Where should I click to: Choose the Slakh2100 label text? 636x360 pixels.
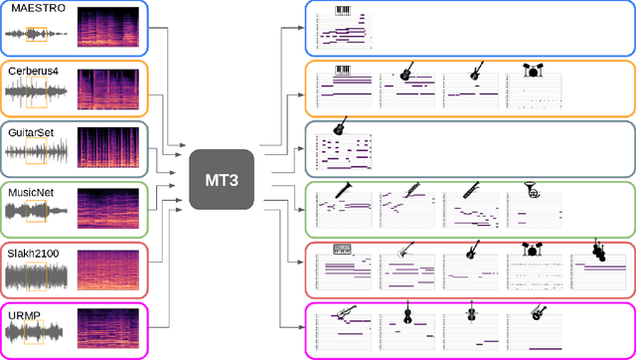point(35,254)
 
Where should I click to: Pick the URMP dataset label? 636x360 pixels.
point(24,314)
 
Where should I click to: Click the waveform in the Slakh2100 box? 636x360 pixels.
point(37,274)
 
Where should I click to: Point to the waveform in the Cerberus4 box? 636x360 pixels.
point(37,93)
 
